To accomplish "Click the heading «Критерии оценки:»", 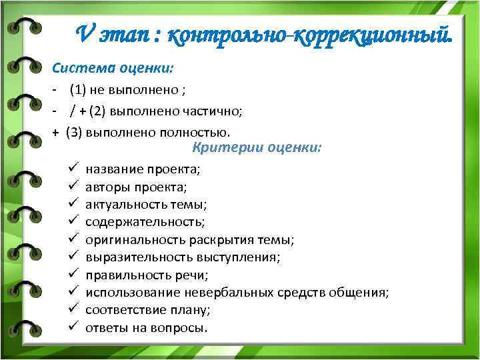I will (x=257, y=147).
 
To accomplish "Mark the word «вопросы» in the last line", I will (x=183, y=328).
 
